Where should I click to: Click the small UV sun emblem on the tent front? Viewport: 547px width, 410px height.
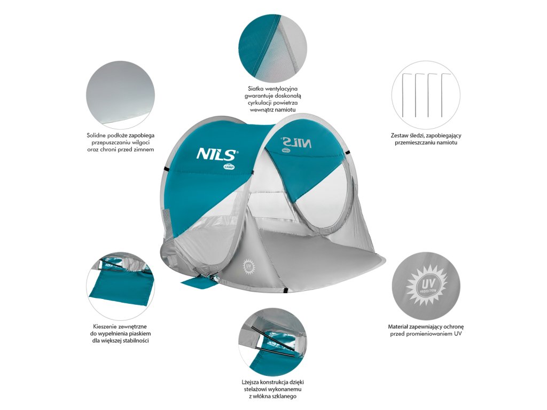tap(248, 265)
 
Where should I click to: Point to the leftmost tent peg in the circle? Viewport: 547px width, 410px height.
tap(404, 94)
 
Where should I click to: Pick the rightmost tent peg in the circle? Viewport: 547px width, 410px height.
tap(443, 94)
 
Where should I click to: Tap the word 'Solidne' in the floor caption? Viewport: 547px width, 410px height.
tap(98, 136)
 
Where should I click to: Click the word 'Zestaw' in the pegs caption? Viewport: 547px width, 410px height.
tap(402, 136)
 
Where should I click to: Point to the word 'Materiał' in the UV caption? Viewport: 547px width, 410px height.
tap(400, 326)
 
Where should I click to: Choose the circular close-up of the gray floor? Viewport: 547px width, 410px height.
tap(121, 95)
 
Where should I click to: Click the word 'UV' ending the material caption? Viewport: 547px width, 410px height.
tap(458, 334)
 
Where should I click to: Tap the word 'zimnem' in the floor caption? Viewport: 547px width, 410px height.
tap(143, 149)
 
